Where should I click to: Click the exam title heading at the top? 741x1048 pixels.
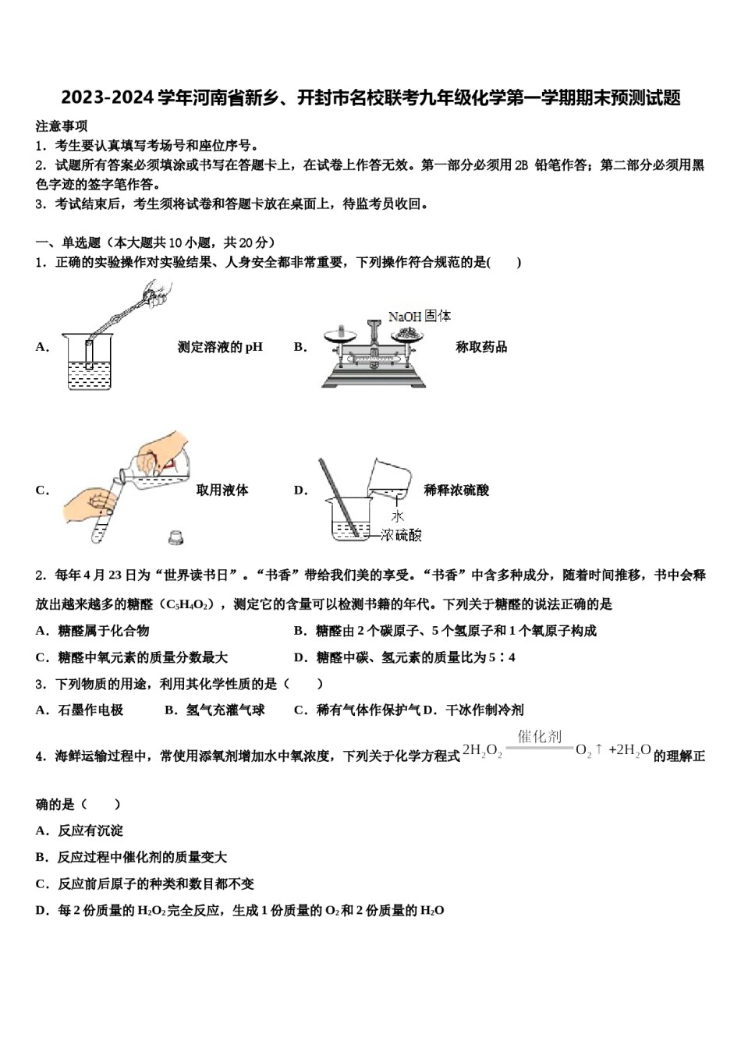[x=370, y=97]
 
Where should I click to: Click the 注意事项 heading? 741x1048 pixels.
[x=62, y=126]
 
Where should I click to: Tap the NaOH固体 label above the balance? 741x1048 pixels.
[x=420, y=316]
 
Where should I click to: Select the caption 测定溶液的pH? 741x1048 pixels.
[x=220, y=347]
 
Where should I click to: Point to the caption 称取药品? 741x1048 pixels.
[x=481, y=347]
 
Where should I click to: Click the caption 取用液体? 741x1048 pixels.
[x=222, y=490]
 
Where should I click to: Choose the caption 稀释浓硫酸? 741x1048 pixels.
[x=456, y=490]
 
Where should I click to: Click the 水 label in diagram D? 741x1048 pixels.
[x=398, y=516]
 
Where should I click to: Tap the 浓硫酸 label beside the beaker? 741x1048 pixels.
[x=401, y=535]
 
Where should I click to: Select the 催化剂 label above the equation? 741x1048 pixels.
[x=539, y=736]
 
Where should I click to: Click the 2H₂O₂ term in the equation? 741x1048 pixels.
[x=482, y=750]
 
